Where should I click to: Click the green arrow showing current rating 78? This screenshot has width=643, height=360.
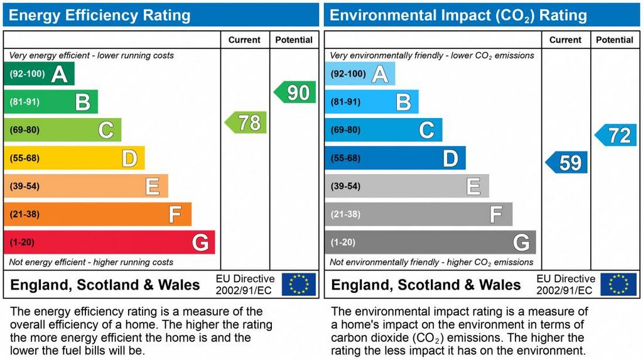click(x=246, y=122)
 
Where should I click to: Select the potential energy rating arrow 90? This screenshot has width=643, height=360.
click(x=295, y=92)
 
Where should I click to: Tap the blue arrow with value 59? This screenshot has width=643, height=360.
click(x=567, y=163)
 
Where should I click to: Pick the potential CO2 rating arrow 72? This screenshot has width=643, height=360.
click(x=616, y=134)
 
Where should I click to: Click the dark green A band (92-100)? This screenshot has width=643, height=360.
click(x=39, y=74)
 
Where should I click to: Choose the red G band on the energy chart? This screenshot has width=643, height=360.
click(x=109, y=243)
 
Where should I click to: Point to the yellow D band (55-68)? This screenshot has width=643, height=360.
click(x=74, y=158)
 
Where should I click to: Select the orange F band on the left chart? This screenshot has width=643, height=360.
click(x=97, y=214)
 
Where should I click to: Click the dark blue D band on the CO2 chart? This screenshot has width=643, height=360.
click(x=395, y=158)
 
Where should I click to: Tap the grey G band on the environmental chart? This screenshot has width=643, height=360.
click(x=430, y=243)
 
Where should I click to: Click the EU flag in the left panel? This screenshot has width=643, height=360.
click(x=299, y=284)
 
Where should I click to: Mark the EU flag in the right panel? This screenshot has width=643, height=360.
click(x=619, y=284)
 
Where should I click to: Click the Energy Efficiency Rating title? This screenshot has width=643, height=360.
click(x=99, y=15)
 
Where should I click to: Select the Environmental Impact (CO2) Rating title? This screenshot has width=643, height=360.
click(x=458, y=15)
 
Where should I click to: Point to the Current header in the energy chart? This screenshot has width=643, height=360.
click(x=244, y=40)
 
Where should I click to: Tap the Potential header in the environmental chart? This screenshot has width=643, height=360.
click(x=615, y=40)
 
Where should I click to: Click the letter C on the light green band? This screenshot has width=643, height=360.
click(x=106, y=130)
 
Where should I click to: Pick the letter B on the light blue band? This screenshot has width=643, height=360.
click(x=404, y=102)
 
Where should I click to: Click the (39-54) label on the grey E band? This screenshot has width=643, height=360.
click(x=345, y=187)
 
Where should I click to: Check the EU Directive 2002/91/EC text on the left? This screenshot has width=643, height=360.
click(x=245, y=284)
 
